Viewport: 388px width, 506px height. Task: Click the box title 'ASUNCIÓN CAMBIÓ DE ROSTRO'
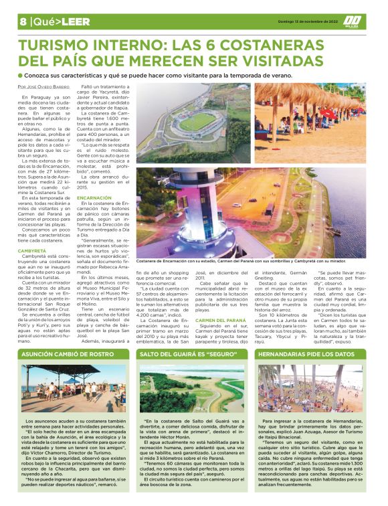[66, 354]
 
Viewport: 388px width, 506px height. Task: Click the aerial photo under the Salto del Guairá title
[194, 388]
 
